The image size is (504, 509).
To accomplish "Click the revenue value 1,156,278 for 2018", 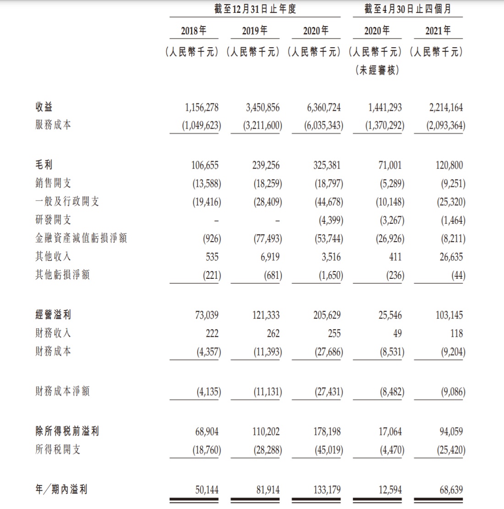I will click(x=202, y=108).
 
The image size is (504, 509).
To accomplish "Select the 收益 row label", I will click(x=44, y=107).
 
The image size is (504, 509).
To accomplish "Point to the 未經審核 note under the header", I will click(x=377, y=70).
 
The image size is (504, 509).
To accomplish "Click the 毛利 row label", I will click(x=44, y=165).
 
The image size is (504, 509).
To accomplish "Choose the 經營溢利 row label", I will click(x=53, y=315).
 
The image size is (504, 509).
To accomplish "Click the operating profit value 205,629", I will click(x=324, y=315).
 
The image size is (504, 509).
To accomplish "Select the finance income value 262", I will click(x=273, y=333).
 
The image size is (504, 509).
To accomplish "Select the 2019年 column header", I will click(x=255, y=31).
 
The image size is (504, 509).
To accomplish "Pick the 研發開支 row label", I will click(x=53, y=220).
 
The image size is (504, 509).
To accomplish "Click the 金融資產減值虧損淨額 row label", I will click(x=81, y=238).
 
